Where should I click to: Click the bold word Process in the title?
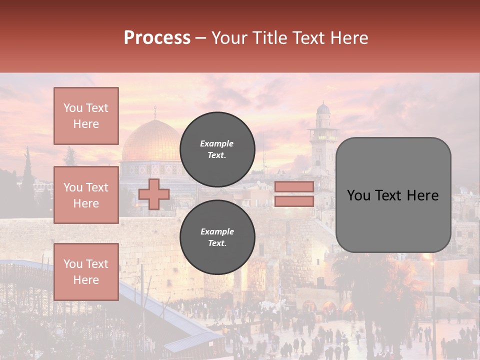(x=157, y=38)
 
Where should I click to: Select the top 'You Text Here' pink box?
(x=86, y=116)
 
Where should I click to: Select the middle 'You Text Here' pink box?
(x=86, y=195)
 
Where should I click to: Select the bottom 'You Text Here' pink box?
(x=86, y=271)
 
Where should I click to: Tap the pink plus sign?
(x=154, y=194)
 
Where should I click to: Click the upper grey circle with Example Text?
(x=217, y=149)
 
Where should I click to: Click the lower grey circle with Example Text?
(x=217, y=237)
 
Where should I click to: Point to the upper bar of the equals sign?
(x=294, y=186)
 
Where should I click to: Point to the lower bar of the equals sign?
(x=294, y=201)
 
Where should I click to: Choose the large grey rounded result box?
(x=393, y=195)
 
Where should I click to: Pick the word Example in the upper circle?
(x=217, y=143)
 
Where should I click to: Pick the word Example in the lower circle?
(x=217, y=231)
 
